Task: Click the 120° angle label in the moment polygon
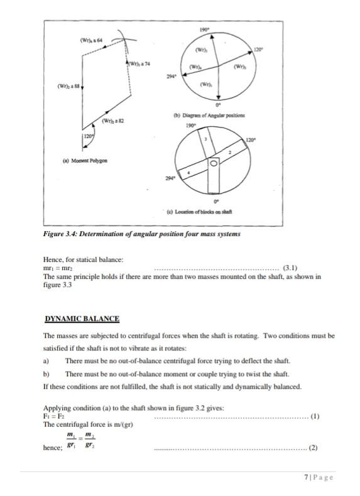89,136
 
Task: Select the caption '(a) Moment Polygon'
85,161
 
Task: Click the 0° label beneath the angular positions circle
217,105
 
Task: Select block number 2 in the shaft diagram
231,153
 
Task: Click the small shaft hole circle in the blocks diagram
214,164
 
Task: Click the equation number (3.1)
296,268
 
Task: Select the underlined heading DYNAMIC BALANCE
81,320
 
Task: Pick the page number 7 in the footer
305,478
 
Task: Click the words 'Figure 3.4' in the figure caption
59,234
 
